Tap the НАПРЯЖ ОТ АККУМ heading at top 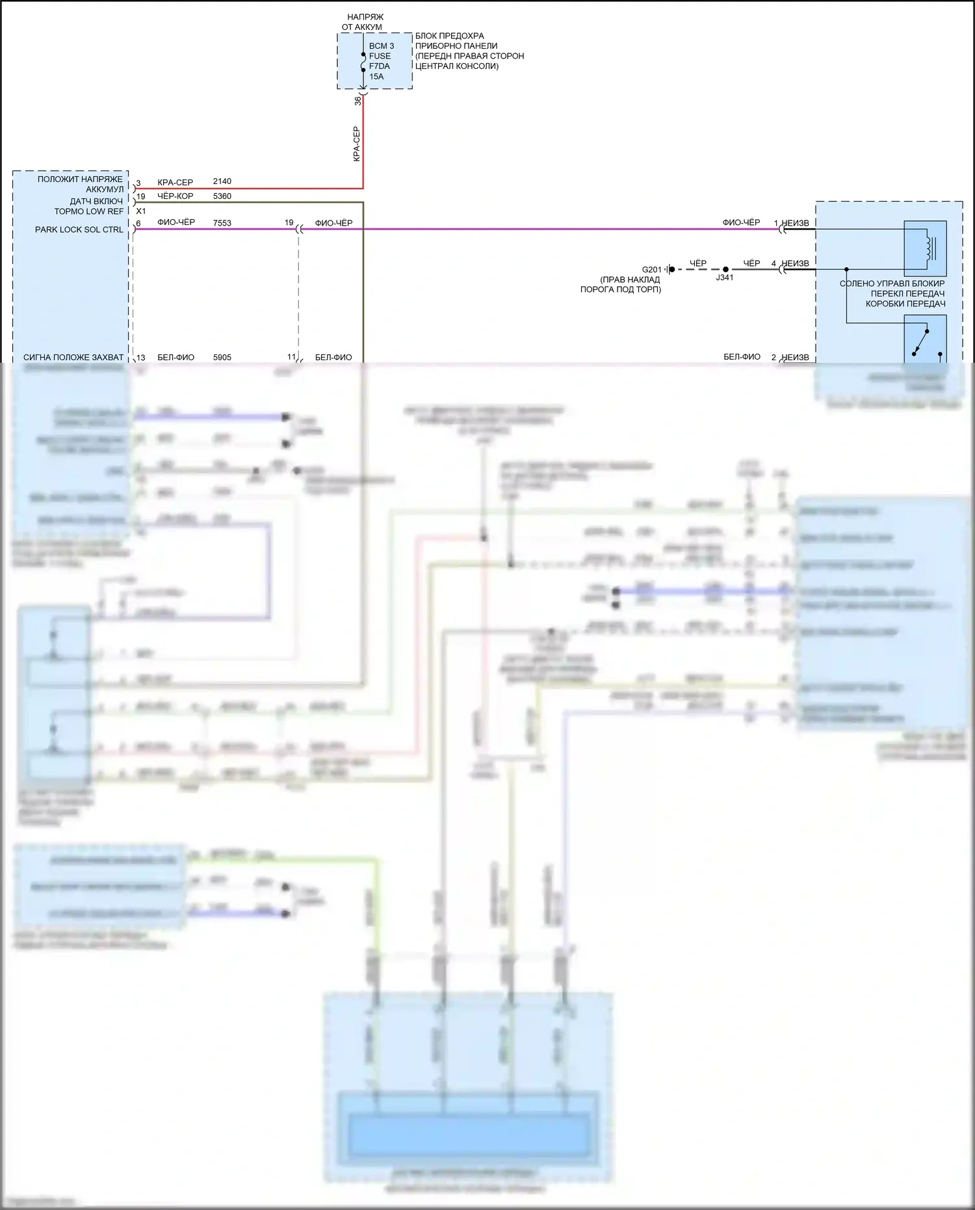click(363, 22)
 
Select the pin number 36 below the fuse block click(358, 101)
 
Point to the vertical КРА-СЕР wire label click(356, 144)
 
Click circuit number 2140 click(222, 181)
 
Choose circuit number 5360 click(222, 196)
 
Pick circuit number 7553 click(222, 223)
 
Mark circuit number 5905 click(222, 358)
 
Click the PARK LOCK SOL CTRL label click(79, 230)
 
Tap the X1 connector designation click(141, 211)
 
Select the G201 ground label click(651, 269)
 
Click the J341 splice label click(725, 278)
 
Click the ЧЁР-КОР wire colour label click(175, 196)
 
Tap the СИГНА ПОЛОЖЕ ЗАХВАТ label click(73, 358)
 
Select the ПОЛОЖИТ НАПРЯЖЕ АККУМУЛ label click(80, 184)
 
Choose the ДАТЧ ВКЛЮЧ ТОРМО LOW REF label click(88, 206)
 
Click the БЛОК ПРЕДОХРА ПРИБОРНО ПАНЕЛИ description click(469, 51)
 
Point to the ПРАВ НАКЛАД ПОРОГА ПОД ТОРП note click(621, 284)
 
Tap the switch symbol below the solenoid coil click(922, 341)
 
